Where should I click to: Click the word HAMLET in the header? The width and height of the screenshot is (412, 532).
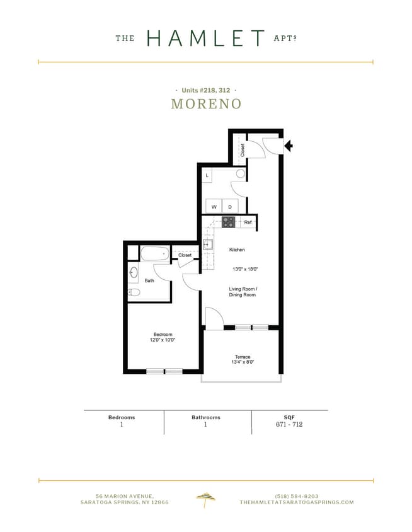click(205, 38)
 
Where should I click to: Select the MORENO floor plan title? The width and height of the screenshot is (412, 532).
click(206, 104)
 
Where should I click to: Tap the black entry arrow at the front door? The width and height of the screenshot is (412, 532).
click(289, 146)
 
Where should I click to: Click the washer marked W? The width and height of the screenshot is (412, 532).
click(214, 207)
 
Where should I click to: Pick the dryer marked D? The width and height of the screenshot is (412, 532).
click(230, 207)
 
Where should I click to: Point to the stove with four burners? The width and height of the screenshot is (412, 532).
click(228, 222)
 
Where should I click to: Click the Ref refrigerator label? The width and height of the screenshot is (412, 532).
click(248, 223)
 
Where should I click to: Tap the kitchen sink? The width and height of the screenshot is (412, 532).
click(208, 245)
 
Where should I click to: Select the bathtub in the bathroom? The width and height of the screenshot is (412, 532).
click(155, 254)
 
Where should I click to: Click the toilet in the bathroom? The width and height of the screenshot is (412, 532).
click(134, 292)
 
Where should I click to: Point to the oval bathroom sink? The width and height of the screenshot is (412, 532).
click(134, 273)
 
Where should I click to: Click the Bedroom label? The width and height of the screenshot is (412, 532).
click(163, 335)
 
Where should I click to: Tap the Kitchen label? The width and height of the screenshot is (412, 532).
click(237, 250)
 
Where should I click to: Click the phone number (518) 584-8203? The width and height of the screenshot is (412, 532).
click(297, 495)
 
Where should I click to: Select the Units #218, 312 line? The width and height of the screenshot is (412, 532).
click(206, 91)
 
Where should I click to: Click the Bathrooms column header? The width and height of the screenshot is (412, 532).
click(206, 417)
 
